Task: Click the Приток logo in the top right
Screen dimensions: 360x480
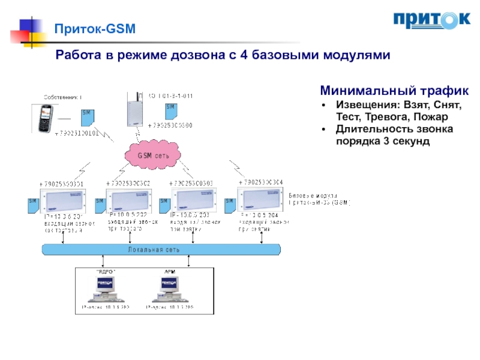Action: tap(431, 20)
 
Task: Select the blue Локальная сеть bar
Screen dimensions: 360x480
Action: tap(161, 249)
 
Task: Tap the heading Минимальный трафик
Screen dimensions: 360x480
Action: tap(394, 91)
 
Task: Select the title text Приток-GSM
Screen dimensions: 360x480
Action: tap(96, 28)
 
